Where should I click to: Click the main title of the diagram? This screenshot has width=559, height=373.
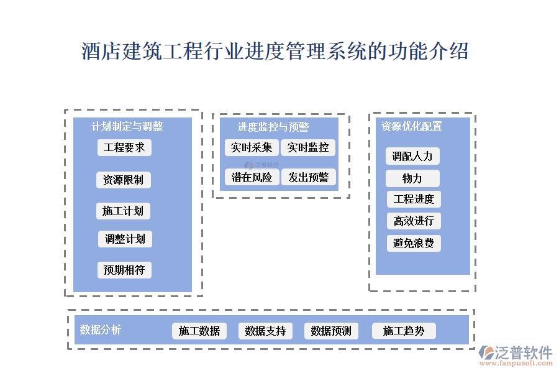tap(275, 51)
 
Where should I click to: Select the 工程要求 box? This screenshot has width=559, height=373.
tap(124, 147)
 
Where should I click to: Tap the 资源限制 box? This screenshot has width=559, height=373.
tap(123, 180)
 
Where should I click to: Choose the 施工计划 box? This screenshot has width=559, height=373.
tap(123, 211)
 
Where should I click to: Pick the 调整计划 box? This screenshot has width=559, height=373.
tap(125, 239)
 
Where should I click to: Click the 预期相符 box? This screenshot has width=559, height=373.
tap(124, 270)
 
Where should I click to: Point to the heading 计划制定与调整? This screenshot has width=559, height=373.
tap(127, 126)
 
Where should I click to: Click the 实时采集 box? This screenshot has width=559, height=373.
tap(252, 147)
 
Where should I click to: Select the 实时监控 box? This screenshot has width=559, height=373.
tap(308, 147)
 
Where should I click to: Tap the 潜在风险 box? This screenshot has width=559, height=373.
tap(252, 177)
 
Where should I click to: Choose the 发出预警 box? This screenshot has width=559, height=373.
tap(308, 177)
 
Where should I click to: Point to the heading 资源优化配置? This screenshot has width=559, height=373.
tap(412, 126)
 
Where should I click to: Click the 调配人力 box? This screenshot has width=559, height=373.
tap(412, 156)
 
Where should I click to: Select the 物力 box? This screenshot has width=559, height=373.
tap(412, 178)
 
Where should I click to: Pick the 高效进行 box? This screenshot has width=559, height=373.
tap(414, 221)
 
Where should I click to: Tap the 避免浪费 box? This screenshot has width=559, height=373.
tap(414, 243)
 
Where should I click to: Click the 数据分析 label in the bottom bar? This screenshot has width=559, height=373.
tap(101, 329)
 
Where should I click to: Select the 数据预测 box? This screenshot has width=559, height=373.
tap(331, 331)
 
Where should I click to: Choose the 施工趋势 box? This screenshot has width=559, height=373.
tap(404, 331)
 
